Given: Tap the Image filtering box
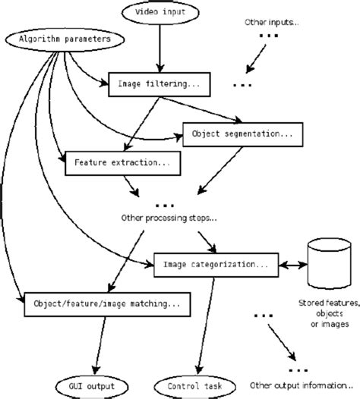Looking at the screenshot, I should [159, 83].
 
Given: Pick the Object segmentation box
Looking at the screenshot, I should [238, 135].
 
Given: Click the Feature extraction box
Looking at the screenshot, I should [122, 162].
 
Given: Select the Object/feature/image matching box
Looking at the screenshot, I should [106, 303].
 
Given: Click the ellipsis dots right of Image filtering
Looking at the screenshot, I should [242, 85].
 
